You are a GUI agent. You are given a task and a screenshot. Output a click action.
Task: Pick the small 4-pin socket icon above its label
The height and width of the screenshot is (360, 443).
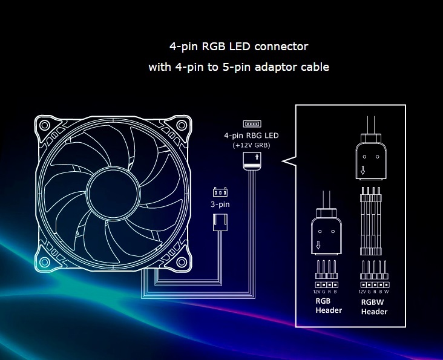251,123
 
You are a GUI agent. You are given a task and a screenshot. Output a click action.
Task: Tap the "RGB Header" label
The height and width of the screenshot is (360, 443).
328,306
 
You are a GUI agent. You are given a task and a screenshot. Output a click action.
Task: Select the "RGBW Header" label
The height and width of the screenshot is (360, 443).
374,307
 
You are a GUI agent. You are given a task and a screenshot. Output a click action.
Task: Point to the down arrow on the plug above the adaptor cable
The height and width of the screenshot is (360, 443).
363,171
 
